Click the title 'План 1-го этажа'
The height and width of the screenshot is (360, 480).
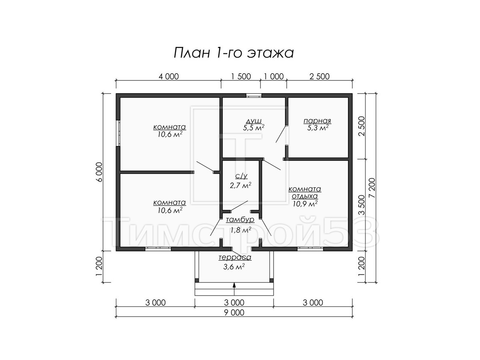234,53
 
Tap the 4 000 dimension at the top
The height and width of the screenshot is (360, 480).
169,76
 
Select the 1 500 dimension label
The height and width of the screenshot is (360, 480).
241,76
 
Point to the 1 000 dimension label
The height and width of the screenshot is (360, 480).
274,76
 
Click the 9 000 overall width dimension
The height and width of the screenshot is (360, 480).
234,312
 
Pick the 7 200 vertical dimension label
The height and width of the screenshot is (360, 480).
372,188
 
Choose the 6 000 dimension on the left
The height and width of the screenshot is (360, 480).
99,172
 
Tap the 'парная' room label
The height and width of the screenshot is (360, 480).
317,121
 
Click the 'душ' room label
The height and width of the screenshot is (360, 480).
254,121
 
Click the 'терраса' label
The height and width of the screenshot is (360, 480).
235,257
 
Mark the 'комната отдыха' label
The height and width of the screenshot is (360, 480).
305,192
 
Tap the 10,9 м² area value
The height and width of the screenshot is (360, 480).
305,204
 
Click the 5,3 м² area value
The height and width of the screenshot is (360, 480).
318,128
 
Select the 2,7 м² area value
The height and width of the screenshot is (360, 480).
240,185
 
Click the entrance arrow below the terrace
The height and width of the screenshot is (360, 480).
234,289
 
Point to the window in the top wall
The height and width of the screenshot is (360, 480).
254,95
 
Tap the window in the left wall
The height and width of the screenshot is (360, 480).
118,133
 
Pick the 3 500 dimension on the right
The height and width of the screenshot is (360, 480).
362,205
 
